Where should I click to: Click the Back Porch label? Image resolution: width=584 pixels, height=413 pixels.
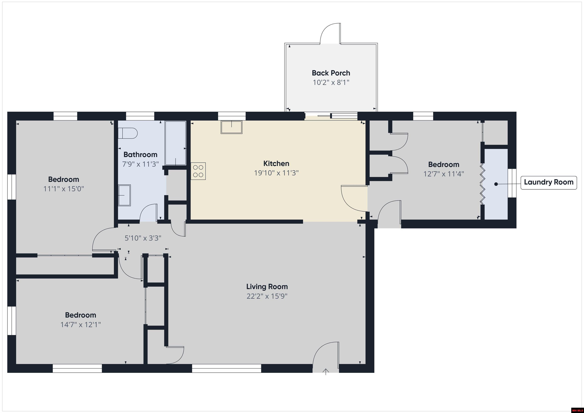click(331, 73)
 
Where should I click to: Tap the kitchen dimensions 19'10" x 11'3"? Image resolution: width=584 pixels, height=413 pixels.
click(276, 173)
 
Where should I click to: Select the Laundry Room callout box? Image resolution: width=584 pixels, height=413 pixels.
click(549, 182)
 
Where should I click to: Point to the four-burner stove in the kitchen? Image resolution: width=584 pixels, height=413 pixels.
click(198, 171)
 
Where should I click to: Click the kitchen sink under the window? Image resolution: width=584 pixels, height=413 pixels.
click(232, 127)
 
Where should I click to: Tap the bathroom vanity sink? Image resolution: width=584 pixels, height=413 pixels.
click(124, 195)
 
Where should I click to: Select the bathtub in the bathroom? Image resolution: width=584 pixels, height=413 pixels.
click(175, 143)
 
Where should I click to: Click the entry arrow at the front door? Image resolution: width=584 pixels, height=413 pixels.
click(326, 372)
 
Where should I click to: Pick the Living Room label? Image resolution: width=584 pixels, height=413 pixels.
click(267, 287)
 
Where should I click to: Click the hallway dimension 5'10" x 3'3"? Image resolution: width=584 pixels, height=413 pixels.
click(143, 238)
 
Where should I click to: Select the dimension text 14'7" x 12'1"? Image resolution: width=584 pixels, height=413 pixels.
click(80, 325)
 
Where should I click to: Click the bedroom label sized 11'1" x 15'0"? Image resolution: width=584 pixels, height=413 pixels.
click(63, 180)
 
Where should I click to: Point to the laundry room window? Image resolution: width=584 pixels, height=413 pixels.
click(512, 183)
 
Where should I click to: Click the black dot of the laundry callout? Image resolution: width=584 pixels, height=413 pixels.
click(496, 184)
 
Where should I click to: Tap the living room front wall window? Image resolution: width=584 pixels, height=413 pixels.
click(226, 368)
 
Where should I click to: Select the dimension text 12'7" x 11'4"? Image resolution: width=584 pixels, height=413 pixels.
click(444, 174)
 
